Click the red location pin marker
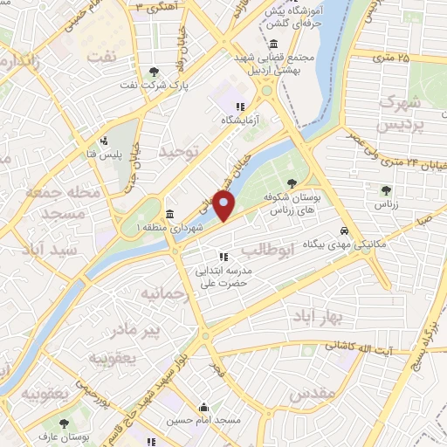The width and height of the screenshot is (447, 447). click(x=224, y=206)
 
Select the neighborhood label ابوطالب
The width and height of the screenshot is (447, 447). click(x=262, y=251)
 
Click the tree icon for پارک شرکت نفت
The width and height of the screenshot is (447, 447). click(x=155, y=72)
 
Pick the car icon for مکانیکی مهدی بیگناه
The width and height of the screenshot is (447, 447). click(x=346, y=230)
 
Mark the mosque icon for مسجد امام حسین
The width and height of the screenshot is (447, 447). click(x=203, y=407)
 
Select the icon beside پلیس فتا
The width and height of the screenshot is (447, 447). click(x=104, y=141)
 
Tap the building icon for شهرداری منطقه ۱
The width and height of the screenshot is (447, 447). click(x=168, y=214)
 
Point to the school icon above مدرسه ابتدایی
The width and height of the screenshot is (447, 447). click(x=223, y=257)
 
